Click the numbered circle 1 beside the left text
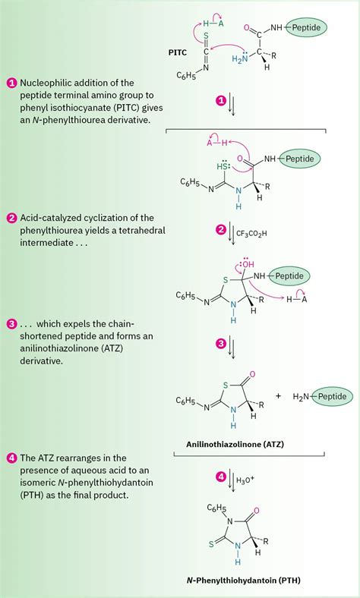click(11, 83)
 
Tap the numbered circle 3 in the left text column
click(11, 324)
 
